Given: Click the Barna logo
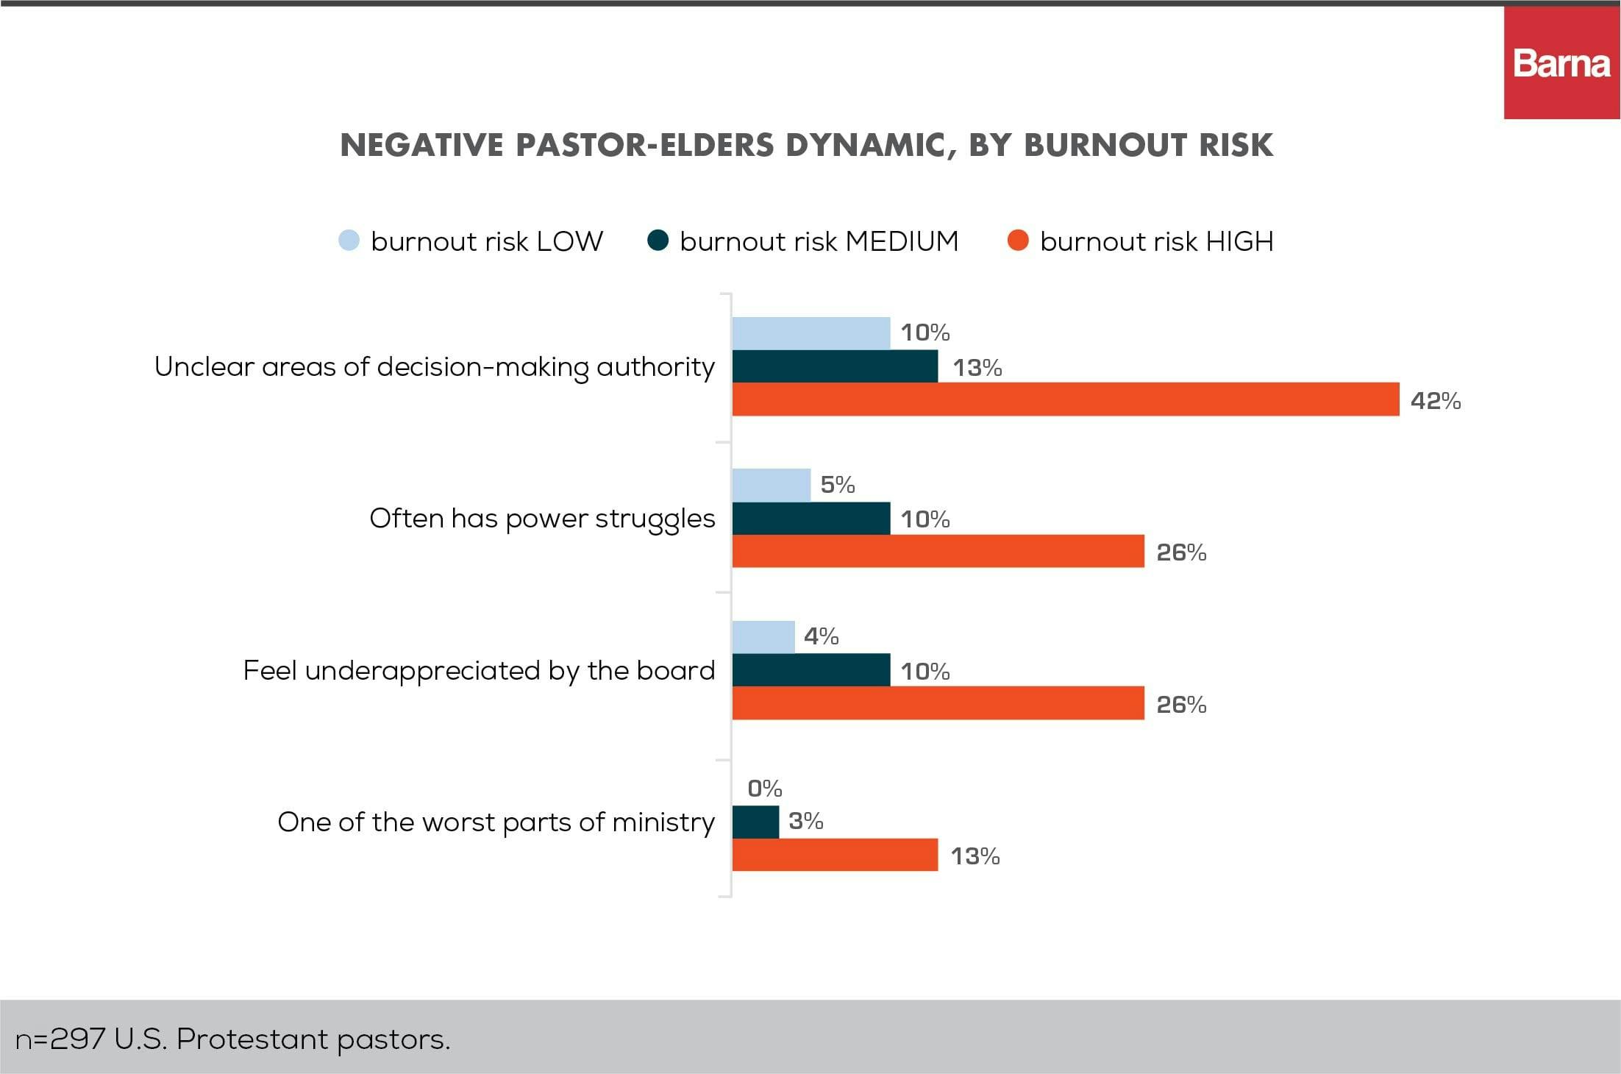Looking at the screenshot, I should click(1561, 64).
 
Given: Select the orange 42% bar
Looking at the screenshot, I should click(1065, 399).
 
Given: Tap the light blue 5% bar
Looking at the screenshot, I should click(771, 486).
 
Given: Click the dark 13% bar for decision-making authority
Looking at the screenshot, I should click(835, 366).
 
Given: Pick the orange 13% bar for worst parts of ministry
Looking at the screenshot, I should click(835, 855).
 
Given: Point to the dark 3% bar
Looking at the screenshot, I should click(755, 822).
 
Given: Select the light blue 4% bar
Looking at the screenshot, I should click(763, 637).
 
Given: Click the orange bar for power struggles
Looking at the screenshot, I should click(938, 552).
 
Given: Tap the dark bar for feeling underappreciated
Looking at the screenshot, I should click(810, 670).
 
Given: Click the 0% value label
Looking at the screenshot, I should click(764, 789).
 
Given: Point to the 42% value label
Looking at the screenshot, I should click(1435, 401).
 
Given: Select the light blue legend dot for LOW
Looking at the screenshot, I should click(349, 241).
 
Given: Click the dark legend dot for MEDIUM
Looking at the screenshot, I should click(658, 241).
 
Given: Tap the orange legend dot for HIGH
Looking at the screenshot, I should click(1018, 241).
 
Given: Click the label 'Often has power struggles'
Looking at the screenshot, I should click(542, 519).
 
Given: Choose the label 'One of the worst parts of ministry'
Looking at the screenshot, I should click(496, 822).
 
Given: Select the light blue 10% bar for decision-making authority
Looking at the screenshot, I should click(810, 333).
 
